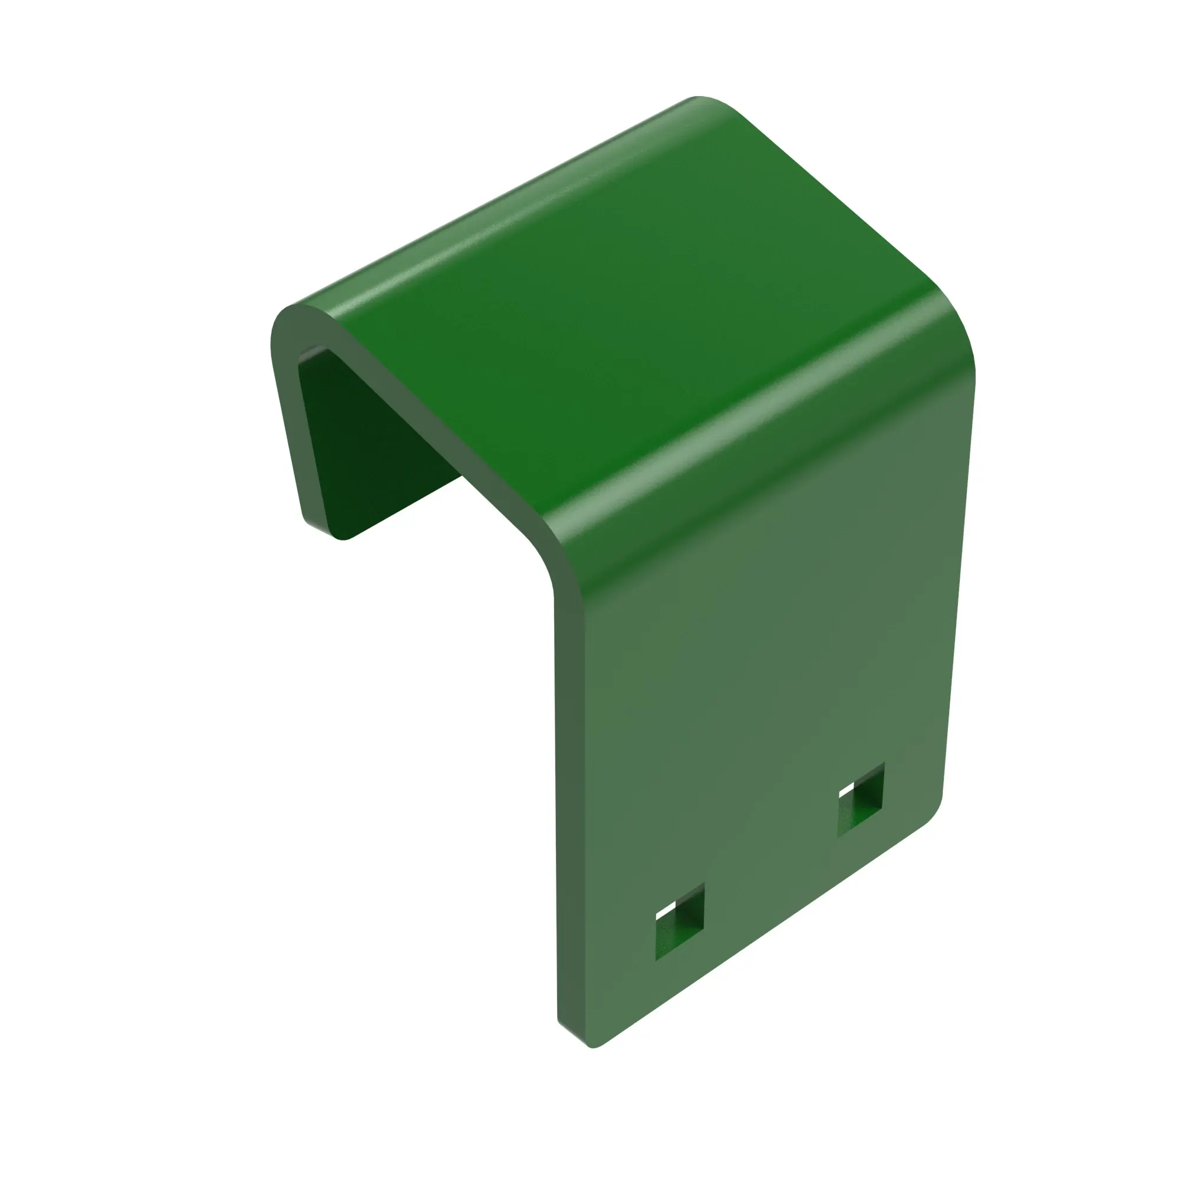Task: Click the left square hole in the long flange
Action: pyautogui.click(x=679, y=921)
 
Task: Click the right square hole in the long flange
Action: pyautogui.click(x=861, y=800)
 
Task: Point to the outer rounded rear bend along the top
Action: pyautogui.click(x=488, y=208)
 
